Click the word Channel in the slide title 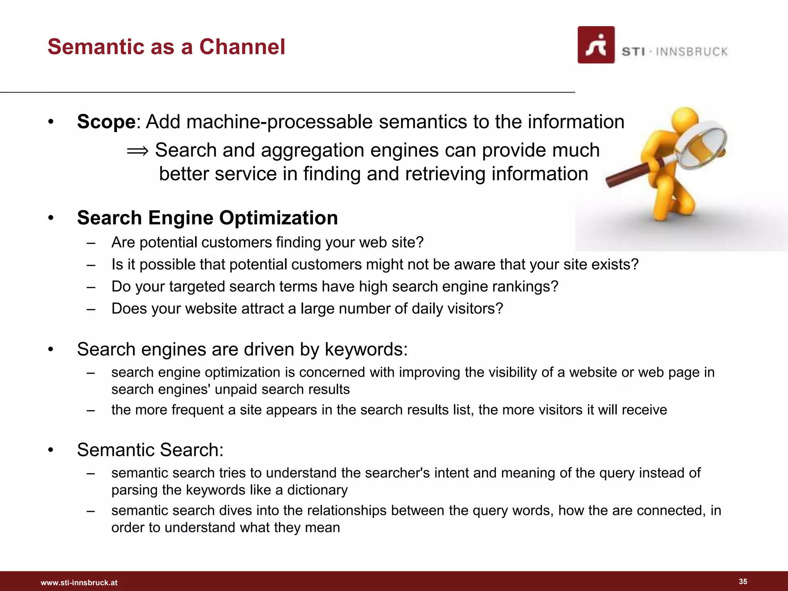click(x=242, y=47)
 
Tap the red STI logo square click(x=596, y=45)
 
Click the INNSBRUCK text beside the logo click(x=691, y=52)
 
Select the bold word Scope click(x=106, y=122)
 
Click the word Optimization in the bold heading click(x=278, y=218)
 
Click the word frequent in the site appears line click(x=197, y=410)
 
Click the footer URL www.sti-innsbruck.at click(x=79, y=583)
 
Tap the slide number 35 click(x=743, y=581)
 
